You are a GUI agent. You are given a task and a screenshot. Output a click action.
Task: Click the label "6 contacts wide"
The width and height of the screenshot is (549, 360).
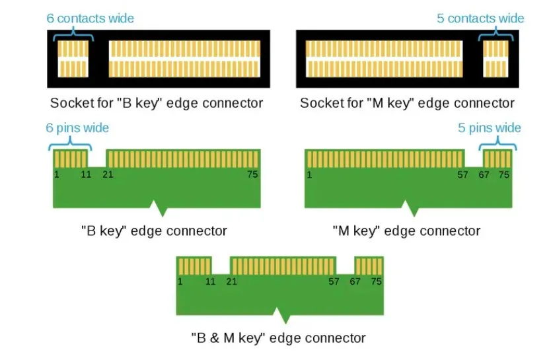tap(90, 18)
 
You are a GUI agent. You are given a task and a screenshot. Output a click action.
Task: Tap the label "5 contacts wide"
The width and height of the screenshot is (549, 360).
tap(480, 18)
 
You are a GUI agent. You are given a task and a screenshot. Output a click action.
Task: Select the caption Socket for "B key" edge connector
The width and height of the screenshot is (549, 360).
tap(157, 103)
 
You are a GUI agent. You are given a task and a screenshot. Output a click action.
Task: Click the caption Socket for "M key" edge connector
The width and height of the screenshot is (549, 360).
tap(407, 103)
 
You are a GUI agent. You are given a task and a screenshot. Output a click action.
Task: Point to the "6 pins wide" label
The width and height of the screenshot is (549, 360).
tap(77, 127)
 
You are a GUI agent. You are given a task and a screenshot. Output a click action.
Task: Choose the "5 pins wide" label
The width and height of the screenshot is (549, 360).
tap(490, 127)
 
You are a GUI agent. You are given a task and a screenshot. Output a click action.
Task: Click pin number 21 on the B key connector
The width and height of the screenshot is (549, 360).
tap(108, 174)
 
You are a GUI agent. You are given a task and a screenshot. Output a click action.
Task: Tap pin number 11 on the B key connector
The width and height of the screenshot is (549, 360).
tap(86, 174)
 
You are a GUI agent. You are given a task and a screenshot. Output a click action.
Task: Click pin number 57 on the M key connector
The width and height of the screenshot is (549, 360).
tap(463, 174)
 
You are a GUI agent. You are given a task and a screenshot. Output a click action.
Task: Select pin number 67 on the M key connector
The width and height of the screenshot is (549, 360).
tap(484, 174)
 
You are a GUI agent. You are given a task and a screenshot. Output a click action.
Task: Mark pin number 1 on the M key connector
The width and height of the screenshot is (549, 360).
tap(310, 174)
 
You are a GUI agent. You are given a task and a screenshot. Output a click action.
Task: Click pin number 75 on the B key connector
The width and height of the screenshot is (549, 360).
tap(252, 174)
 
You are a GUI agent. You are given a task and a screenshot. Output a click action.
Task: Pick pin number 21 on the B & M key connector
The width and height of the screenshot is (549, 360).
tap(231, 281)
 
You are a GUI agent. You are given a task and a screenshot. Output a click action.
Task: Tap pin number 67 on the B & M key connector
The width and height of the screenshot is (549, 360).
tap(355, 281)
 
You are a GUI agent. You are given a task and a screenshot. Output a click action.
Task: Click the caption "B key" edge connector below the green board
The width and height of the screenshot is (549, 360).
tap(154, 231)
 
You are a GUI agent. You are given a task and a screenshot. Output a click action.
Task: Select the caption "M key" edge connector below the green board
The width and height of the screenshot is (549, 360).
tap(407, 231)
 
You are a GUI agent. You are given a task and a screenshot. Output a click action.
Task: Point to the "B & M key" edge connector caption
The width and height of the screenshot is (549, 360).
tap(278, 338)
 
